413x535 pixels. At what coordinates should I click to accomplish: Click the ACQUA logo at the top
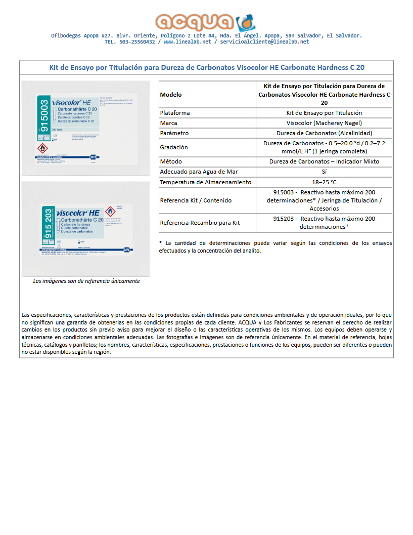(206, 22)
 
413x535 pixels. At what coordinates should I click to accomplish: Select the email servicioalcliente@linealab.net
(264, 42)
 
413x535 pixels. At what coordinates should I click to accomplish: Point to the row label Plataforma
(175, 113)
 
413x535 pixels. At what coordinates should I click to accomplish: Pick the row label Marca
(168, 123)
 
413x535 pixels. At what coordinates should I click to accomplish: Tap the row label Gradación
(174, 147)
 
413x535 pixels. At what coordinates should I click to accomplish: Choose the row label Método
(171, 161)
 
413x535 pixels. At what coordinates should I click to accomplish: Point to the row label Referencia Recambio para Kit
(200, 223)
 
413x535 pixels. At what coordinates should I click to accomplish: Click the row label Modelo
(171, 95)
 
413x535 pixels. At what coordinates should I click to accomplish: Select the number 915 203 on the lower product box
(49, 224)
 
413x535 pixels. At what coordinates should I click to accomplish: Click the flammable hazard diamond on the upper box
(43, 147)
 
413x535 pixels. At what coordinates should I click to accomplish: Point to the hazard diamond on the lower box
(110, 211)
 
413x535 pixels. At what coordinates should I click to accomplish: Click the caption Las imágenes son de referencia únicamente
(86, 281)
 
